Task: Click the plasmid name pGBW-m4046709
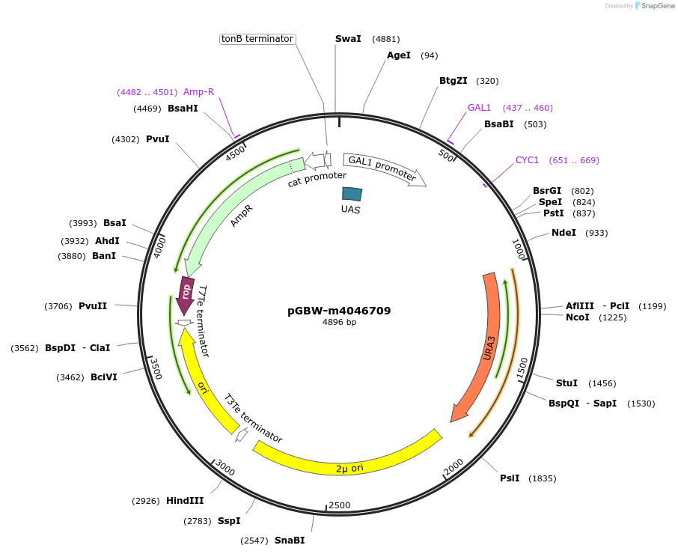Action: [x=339, y=311]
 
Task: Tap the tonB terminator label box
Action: [x=257, y=39]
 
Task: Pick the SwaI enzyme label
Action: [x=348, y=39]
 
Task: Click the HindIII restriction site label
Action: [x=185, y=500]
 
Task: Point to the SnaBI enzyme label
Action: [x=290, y=540]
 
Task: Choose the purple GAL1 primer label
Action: [x=479, y=108]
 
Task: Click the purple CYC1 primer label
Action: [x=527, y=160]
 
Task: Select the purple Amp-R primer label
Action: [x=198, y=92]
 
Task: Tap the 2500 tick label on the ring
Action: [x=340, y=505]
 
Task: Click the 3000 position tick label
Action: [x=225, y=469]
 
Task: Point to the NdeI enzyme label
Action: [x=564, y=233]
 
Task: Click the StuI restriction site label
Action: [x=566, y=383]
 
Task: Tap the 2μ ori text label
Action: [x=349, y=469]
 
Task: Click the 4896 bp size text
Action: [x=339, y=323]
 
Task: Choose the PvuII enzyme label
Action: [x=93, y=305]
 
